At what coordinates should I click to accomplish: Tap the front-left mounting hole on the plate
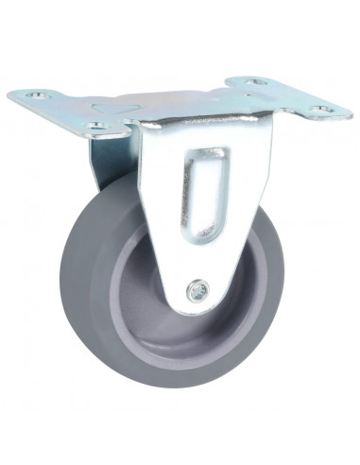(94, 125)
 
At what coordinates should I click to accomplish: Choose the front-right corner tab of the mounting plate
(326, 109)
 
